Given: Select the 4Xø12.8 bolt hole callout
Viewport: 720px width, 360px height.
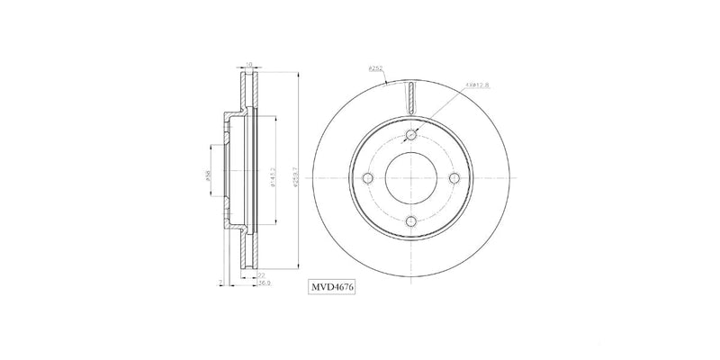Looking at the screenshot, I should [477, 86].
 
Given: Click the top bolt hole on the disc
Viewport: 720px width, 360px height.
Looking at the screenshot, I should [410, 135].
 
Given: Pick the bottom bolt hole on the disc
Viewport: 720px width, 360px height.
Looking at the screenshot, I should [410, 220].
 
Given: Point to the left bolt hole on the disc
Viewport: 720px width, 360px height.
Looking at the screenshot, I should [367, 177].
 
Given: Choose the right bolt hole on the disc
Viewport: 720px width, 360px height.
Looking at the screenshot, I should [454, 177].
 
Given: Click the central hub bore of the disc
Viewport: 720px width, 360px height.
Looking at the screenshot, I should [410, 177].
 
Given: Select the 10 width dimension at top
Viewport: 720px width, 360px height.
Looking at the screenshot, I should [247, 65].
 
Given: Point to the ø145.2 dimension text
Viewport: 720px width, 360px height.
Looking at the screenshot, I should [273, 177].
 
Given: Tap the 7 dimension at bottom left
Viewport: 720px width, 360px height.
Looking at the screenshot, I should [219, 282].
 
